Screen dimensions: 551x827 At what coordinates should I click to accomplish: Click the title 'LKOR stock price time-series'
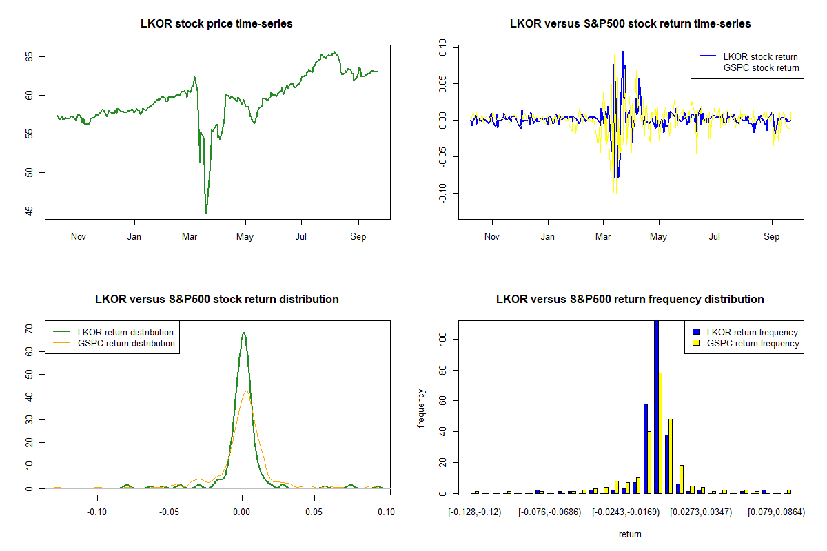pos(216,24)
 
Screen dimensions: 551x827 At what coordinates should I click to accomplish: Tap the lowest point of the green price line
pos(206,213)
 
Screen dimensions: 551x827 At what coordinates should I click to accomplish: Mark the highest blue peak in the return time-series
pos(623,52)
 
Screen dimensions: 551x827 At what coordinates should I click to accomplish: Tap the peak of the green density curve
pos(243,333)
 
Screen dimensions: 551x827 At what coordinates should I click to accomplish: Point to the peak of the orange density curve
pos(246,391)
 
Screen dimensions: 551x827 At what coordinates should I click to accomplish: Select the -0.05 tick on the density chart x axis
pos(170,512)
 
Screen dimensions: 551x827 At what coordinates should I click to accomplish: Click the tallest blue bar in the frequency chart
pos(656,406)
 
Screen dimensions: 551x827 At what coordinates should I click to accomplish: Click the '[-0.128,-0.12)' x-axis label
pos(474,512)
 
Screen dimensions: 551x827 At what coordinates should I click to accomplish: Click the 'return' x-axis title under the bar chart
pos(630,534)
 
